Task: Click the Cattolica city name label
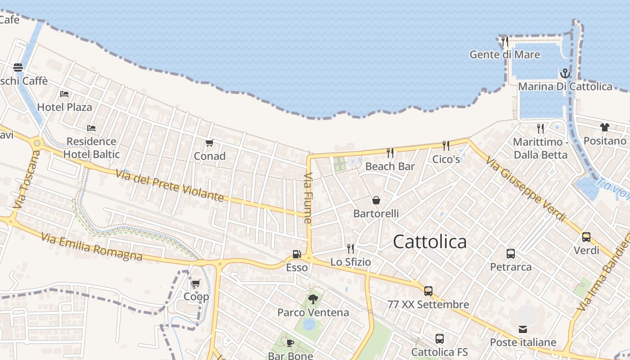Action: click(x=430, y=242)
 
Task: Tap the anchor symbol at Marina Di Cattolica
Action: click(x=565, y=73)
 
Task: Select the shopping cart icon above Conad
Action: click(x=209, y=143)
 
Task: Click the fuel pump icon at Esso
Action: click(x=297, y=254)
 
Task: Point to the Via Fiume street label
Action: click(x=308, y=198)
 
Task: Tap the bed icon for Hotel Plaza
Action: click(x=64, y=94)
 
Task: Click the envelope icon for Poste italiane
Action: click(x=523, y=329)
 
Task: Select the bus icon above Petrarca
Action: click(x=511, y=254)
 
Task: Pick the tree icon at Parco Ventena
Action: click(x=313, y=299)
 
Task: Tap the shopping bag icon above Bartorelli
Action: click(x=376, y=200)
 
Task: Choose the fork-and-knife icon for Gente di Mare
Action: click(x=504, y=41)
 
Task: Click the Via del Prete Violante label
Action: click(x=170, y=185)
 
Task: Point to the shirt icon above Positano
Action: click(x=605, y=127)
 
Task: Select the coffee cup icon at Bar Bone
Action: click(x=290, y=343)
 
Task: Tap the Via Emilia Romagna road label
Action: click(x=92, y=247)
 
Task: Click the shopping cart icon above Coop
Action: click(x=196, y=283)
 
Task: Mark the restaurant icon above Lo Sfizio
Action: click(x=351, y=248)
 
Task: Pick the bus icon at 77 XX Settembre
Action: click(x=428, y=291)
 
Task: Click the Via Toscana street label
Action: click(x=27, y=179)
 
